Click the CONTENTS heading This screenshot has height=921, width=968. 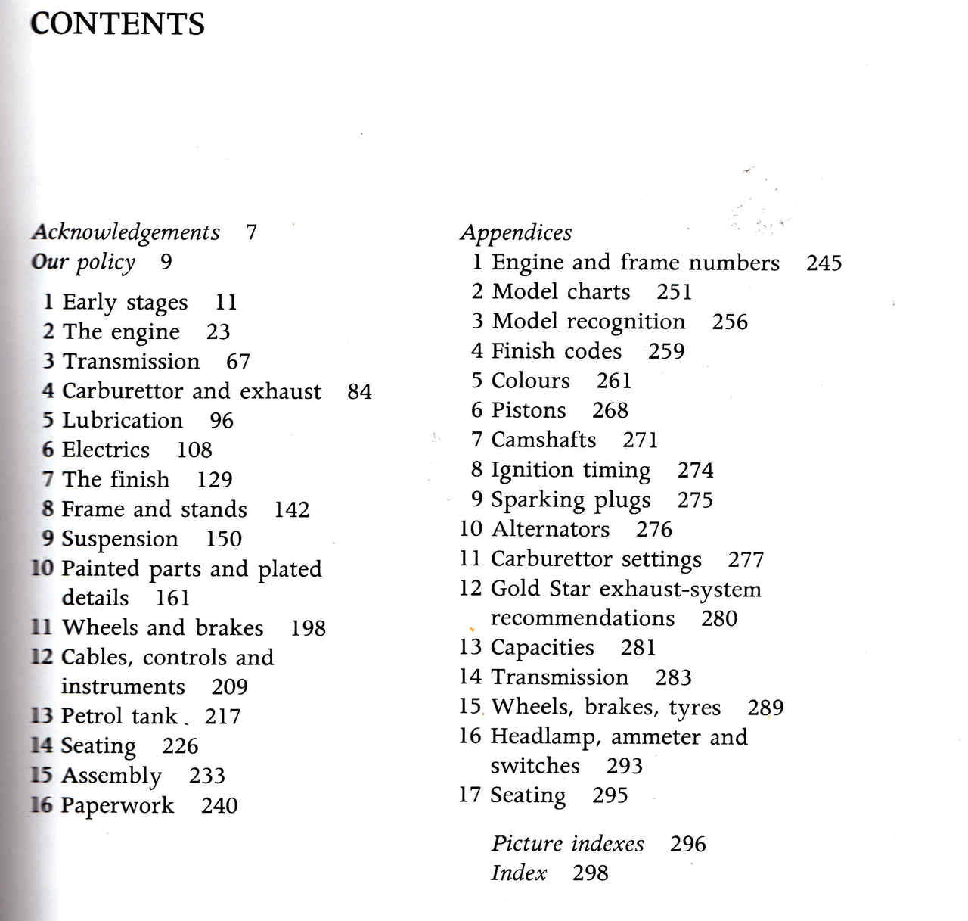point(117,24)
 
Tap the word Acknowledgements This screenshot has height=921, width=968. point(126,232)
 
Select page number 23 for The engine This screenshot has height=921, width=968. point(218,331)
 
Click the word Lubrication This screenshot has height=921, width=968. point(123,420)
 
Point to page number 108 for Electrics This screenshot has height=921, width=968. point(194,450)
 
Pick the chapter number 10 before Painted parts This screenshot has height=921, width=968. point(42,568)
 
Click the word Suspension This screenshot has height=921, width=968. point(119,539)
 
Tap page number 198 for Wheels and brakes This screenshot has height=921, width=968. point(308,627)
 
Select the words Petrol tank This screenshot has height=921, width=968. point(119,716)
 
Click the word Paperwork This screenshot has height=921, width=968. point(117,805)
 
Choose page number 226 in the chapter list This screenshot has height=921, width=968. point(180,746)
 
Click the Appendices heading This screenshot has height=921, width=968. point(516,232)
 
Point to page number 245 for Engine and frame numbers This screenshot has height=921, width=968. point(824,263)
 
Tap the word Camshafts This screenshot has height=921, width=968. point(544,440)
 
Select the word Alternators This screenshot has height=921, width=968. point(550,529)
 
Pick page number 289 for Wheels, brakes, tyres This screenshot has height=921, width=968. point(765,708)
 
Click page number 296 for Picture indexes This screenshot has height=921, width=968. point(687,844)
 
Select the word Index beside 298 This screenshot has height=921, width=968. point(519,873)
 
